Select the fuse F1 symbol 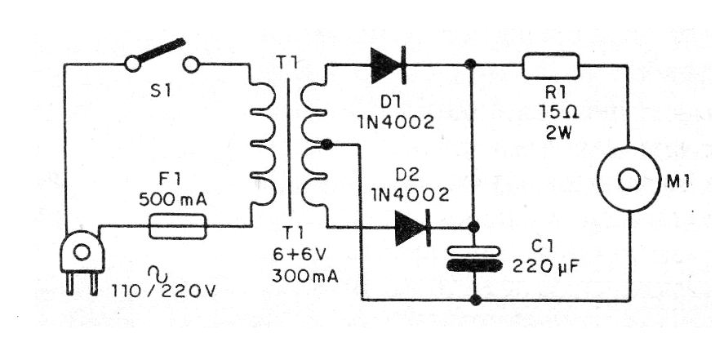[178, 226]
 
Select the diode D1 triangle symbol [389, 63]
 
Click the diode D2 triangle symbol [411, 227]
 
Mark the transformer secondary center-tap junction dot [326, 144]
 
